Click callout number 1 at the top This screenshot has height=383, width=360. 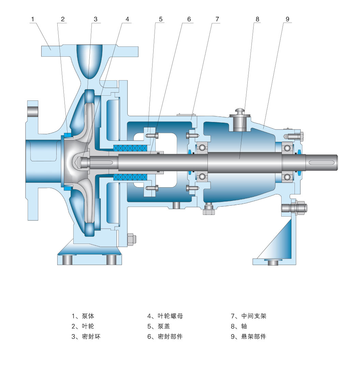tap(32, 19)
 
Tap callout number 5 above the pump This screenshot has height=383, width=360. tap(161, 19)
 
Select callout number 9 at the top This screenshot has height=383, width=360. tap(287, 19)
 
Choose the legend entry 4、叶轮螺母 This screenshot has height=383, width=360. tap(165, 316)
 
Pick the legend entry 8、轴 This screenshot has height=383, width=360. tap(239, 326)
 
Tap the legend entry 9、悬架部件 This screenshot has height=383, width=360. tap(248, 337)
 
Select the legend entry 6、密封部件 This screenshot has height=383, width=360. tap(165, 337)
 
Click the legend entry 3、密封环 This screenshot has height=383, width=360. tap(86, 337)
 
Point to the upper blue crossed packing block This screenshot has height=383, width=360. tap(130, 148)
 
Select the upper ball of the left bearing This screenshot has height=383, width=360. tap(202, 148)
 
